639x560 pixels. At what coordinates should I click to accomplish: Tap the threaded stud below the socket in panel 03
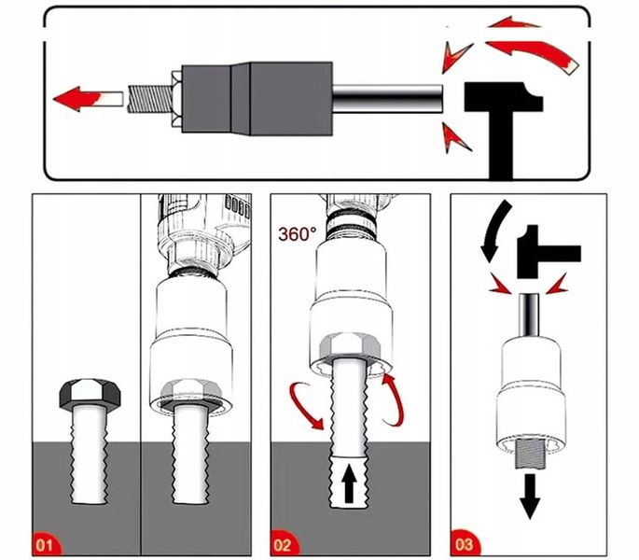(529, 455)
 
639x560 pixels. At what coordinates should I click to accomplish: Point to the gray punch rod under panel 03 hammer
(529, 314)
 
